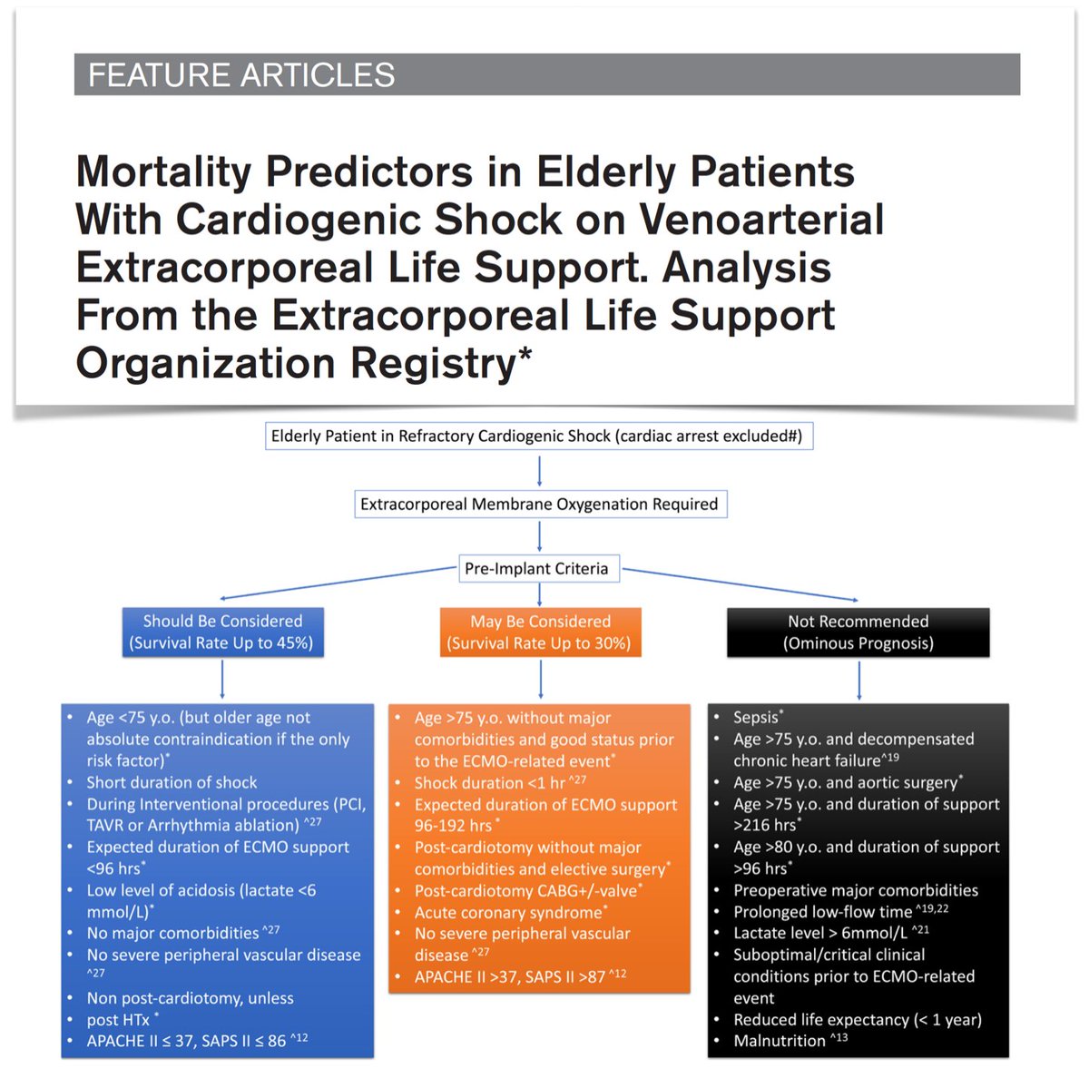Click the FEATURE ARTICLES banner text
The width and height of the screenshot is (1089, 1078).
click(x=240, y=74)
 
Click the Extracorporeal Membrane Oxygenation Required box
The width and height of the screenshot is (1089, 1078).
click(x=539, y=505)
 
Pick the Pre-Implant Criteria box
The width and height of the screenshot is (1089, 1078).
click(x=536, y=569)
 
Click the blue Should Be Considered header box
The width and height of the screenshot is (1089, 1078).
click(x=222, y=632)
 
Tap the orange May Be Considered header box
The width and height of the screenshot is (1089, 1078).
click(x=540, y=632)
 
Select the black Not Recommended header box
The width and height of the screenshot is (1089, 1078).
click(x=858, y=632)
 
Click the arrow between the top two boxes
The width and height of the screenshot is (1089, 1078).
click(x=540, y=470)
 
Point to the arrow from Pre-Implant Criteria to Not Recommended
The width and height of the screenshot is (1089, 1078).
click(x=740, y=584)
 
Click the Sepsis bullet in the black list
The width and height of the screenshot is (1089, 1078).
click(x=757, y=718)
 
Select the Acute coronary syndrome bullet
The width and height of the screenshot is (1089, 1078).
click(x=508, y=913)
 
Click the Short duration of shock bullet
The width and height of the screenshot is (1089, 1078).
click(x=172, y=782)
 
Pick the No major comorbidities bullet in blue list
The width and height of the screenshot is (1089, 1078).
click(x=172, y=934)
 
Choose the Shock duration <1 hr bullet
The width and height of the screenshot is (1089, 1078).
click(x=490, y=782)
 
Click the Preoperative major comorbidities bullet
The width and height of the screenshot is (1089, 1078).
click(x=855, y=890)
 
